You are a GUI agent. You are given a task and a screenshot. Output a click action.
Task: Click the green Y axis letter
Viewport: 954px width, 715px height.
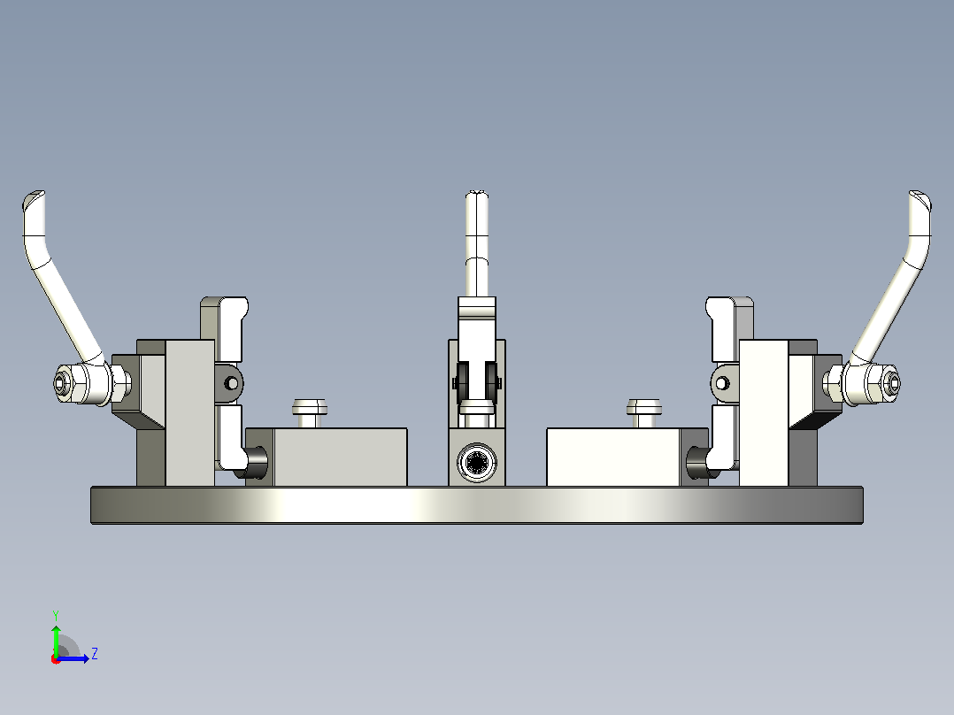[x=56, y=615]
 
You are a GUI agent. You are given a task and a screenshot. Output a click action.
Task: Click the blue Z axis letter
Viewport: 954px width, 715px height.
[x=95, y=654]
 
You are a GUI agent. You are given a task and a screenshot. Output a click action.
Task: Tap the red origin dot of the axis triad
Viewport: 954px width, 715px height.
[x=56, y=659]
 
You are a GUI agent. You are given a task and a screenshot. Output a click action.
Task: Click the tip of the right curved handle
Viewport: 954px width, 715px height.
[x=920, y=196]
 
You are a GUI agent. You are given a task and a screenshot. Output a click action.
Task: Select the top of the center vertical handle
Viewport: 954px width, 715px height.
[x=477, y=195]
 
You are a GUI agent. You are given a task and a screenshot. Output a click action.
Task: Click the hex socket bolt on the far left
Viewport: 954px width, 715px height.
[x=61, y=383]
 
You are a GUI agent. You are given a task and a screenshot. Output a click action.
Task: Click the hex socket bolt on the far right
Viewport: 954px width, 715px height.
[x=893, y=383]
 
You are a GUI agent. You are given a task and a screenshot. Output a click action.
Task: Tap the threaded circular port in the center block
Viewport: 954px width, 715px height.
[x=477, y=463]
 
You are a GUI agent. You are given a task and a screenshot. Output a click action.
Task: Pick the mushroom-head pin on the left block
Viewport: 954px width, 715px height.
[x=310, y=413]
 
